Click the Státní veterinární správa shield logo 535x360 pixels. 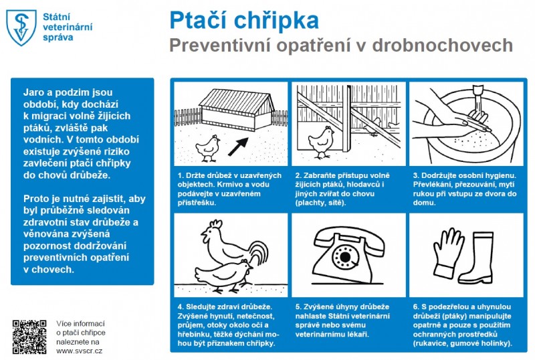(21, 27)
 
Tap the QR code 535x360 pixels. (29, 337)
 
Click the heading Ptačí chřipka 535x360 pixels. (243, 20)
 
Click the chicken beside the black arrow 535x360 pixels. (210, 147)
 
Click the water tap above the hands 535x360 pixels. (479, 93)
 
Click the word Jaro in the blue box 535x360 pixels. (34, 91)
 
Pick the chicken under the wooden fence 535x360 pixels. (321, 141)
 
